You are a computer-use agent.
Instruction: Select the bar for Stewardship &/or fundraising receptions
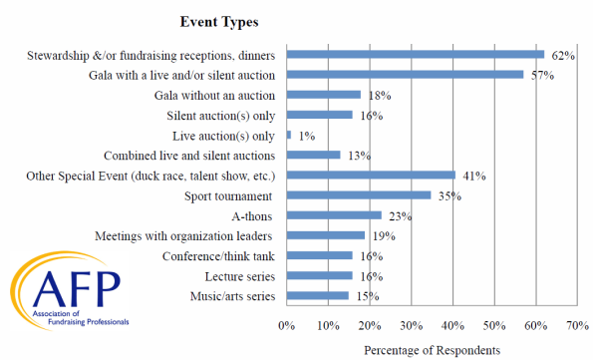[x=415, y=54]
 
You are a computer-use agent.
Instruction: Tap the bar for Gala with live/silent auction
[x=405, y=74]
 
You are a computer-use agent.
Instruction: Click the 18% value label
[x=377, y=96]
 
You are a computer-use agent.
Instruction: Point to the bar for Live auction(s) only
[x=289, y=135]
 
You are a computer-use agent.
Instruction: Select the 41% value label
[x=471, y=177]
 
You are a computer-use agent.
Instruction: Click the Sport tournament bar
[x=359, y=195]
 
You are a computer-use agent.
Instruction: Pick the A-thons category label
[x=254, y=216]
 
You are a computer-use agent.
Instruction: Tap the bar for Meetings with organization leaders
[x=326, y=236]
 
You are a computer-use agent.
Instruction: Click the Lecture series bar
[x=320, y=276]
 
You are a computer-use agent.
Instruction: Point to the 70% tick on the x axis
[x=576, y=325]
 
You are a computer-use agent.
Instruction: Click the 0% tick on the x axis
[x=287, y=325]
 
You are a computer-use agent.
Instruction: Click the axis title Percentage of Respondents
[x=432, y=349]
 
